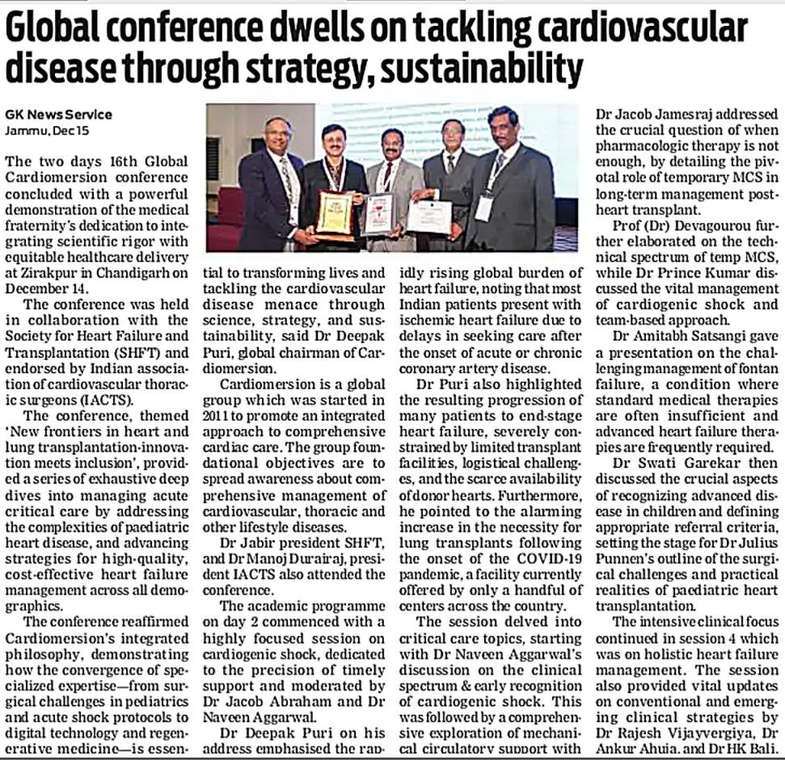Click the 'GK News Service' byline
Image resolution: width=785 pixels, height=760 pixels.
(x=58, y=115)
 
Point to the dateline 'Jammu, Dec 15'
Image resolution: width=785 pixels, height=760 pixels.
(x=40, y=130)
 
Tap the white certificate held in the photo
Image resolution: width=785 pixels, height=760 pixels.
(x=429, y=217)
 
